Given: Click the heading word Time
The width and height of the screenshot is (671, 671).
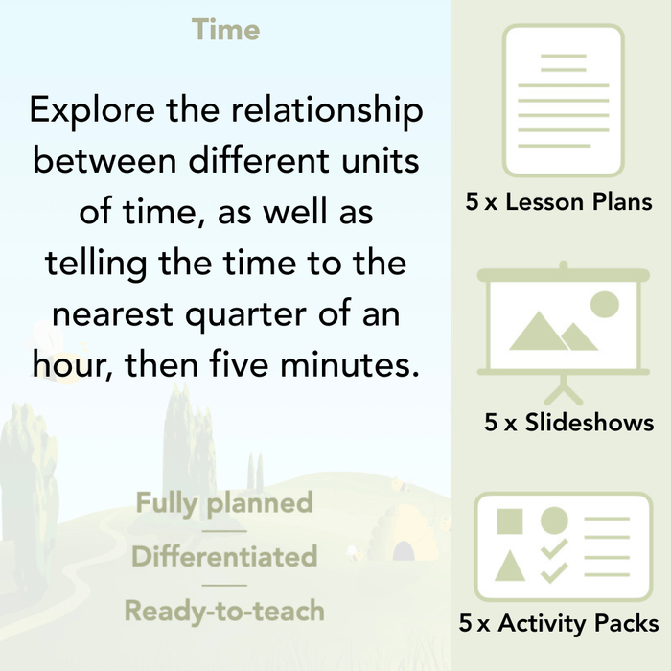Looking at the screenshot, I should [x=225, y=30].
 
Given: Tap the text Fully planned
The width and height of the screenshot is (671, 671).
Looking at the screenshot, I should [x=224, y=502].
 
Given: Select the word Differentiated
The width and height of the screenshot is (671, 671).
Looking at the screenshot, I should [x=224, y=556].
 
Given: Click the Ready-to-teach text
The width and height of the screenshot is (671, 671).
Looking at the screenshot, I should [x=224, y=610].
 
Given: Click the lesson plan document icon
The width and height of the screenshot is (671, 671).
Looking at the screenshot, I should [x=563, y=101].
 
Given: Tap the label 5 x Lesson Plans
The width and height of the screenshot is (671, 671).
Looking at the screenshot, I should [x=559, y=202].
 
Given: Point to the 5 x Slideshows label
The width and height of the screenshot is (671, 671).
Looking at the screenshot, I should [x=568, y=422].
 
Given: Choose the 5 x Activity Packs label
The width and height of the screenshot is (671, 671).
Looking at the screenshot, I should [x=559, y=624].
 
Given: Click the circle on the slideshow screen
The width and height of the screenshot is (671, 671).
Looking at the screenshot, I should [x=605, y=305].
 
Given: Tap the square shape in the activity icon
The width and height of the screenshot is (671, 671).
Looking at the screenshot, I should [x=510, y=521].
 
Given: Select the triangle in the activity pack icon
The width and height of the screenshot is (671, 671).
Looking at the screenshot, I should [x=510, y=567].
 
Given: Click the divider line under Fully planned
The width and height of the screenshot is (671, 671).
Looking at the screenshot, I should [x=224, y=530].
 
